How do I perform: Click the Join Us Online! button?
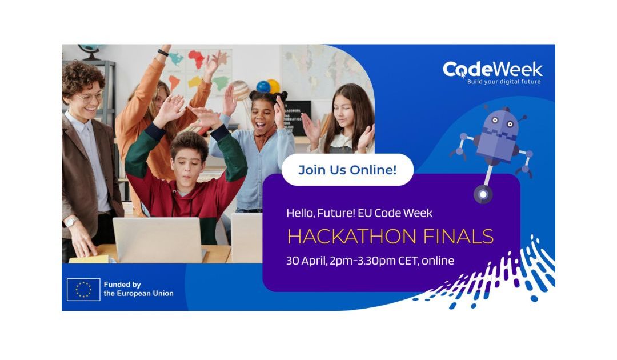pos(347,170)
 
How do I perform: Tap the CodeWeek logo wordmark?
pos(492,70)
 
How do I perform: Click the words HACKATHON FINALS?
pos(390,237)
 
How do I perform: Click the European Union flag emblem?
pos(83,290)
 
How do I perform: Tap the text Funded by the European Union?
pos(138,289)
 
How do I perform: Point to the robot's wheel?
pos(483,194)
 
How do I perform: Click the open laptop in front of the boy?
pos(158,239)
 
